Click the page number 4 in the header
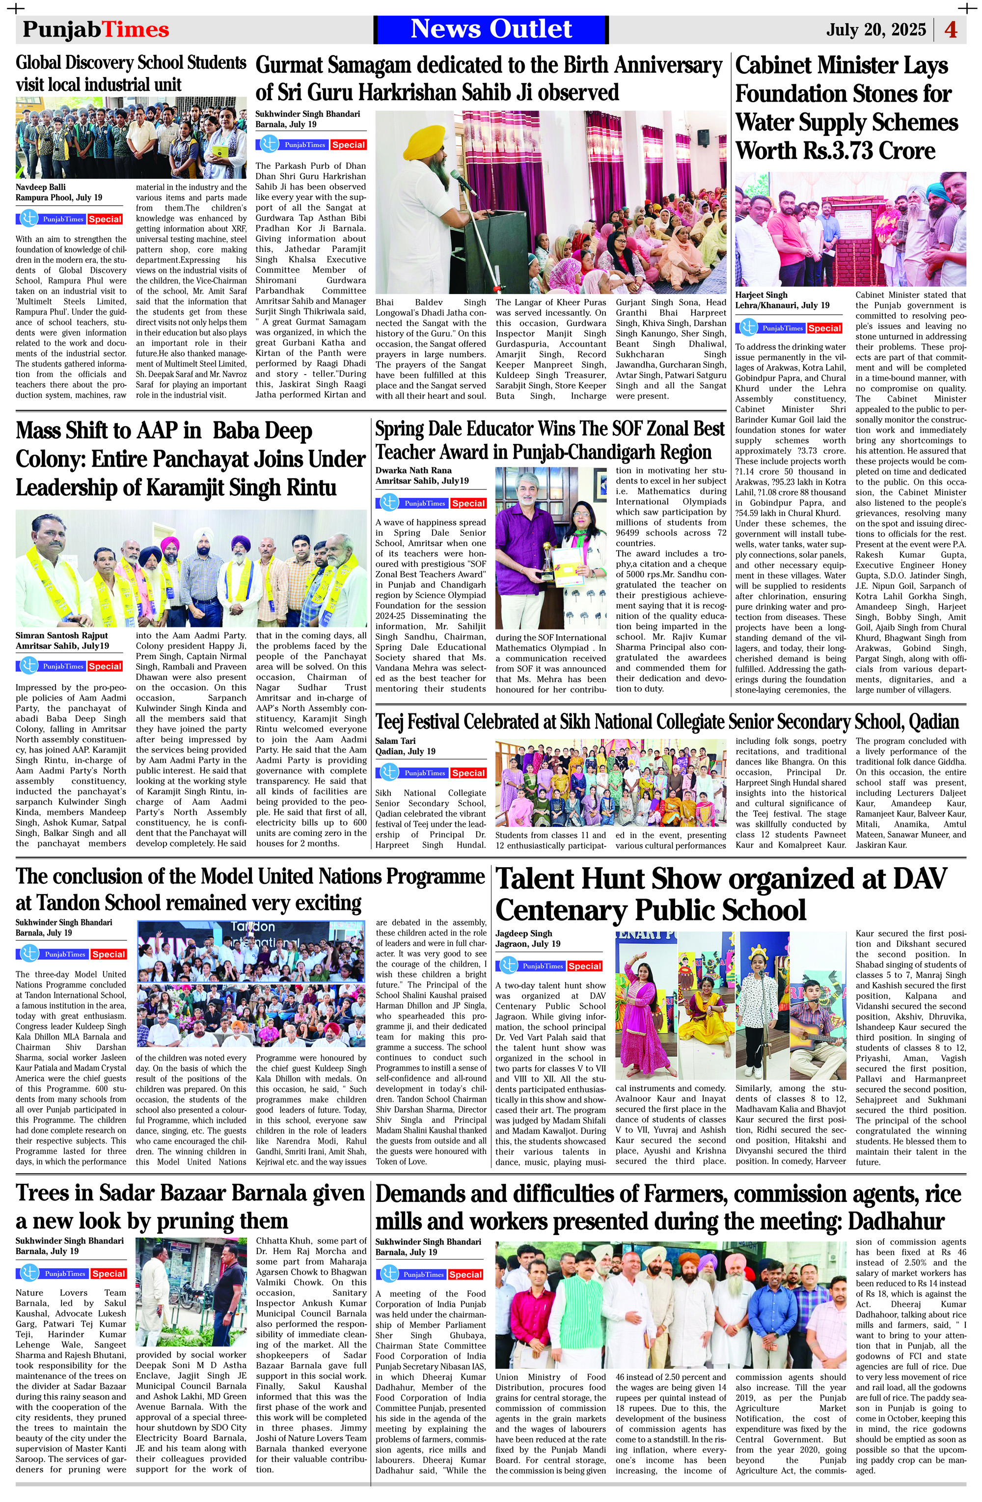coord(951,29)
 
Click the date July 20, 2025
coord(876,29)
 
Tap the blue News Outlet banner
coord(491,29)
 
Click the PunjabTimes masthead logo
coord(96,29)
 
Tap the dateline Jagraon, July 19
coord(528,944)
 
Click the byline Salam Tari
coord(395,741)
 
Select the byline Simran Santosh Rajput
coord(62,635)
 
